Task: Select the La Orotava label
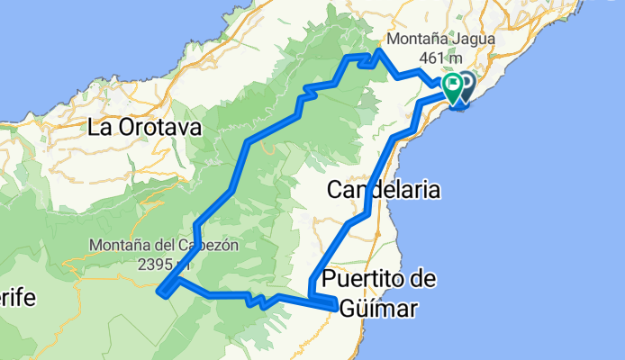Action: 144,128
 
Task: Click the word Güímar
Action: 379,309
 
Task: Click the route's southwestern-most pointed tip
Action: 160,290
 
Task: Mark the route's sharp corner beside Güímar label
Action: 338,307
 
